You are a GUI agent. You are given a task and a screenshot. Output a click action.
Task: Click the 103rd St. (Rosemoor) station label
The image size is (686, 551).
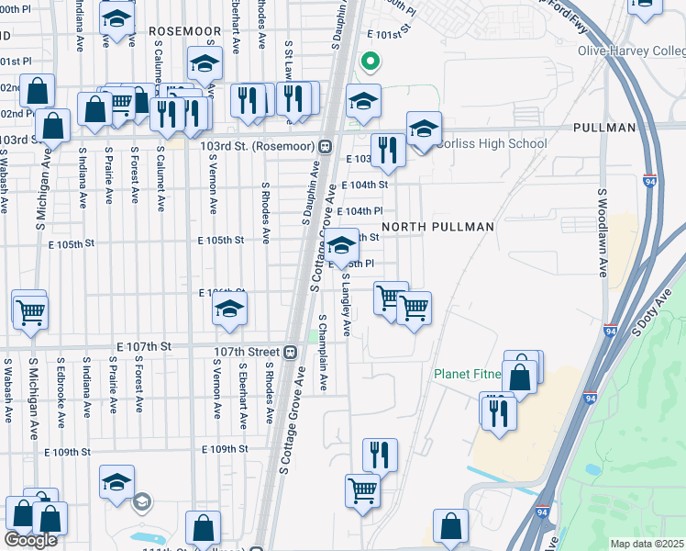[x=252, y=146]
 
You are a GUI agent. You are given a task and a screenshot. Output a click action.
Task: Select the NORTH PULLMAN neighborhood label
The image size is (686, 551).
[x=437, y=227]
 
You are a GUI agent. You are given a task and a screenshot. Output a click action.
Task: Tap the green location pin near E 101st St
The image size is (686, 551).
[x=370, y=62]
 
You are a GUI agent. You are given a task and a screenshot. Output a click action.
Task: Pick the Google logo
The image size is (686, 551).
[x=30, y=539]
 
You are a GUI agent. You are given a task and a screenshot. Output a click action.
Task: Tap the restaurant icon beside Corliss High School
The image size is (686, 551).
[x=388, y=151]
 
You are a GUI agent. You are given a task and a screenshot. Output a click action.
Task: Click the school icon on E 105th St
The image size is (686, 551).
[x=341, y=245]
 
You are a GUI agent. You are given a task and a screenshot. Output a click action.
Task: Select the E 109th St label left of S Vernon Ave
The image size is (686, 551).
[x=70, y=452]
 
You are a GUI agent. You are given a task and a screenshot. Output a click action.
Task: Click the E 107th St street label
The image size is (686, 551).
[x=144, y=346]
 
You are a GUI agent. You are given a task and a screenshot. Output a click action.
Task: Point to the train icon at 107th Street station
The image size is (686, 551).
[x=290, y=351]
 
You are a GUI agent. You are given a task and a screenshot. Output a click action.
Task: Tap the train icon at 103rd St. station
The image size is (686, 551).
[x=325, y=146]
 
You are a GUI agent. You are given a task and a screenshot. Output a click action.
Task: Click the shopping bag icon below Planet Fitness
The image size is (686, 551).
[x=519, y=376]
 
